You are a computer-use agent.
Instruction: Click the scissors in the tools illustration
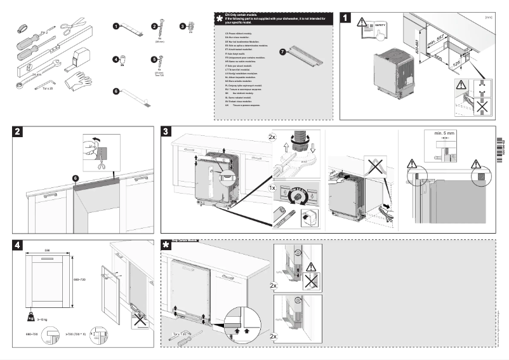74,26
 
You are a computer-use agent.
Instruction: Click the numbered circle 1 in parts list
116,27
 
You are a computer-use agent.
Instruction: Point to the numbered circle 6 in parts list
116,91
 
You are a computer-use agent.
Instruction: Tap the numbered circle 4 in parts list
116,60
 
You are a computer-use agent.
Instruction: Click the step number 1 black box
346,18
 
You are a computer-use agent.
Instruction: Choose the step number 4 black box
18,244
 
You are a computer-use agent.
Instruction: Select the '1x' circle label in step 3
272,189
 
